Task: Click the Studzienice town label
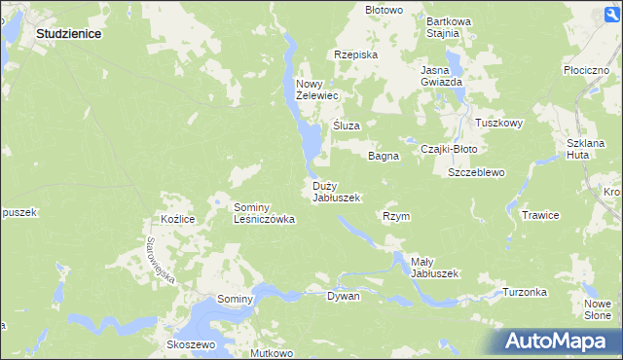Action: pos(69,32)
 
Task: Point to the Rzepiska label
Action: pos(355,54)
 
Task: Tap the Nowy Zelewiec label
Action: pos(316,90)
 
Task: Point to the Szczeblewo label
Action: pos(476,172)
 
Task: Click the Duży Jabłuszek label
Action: pos(336,191)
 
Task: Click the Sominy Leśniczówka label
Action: pos(264,213)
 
